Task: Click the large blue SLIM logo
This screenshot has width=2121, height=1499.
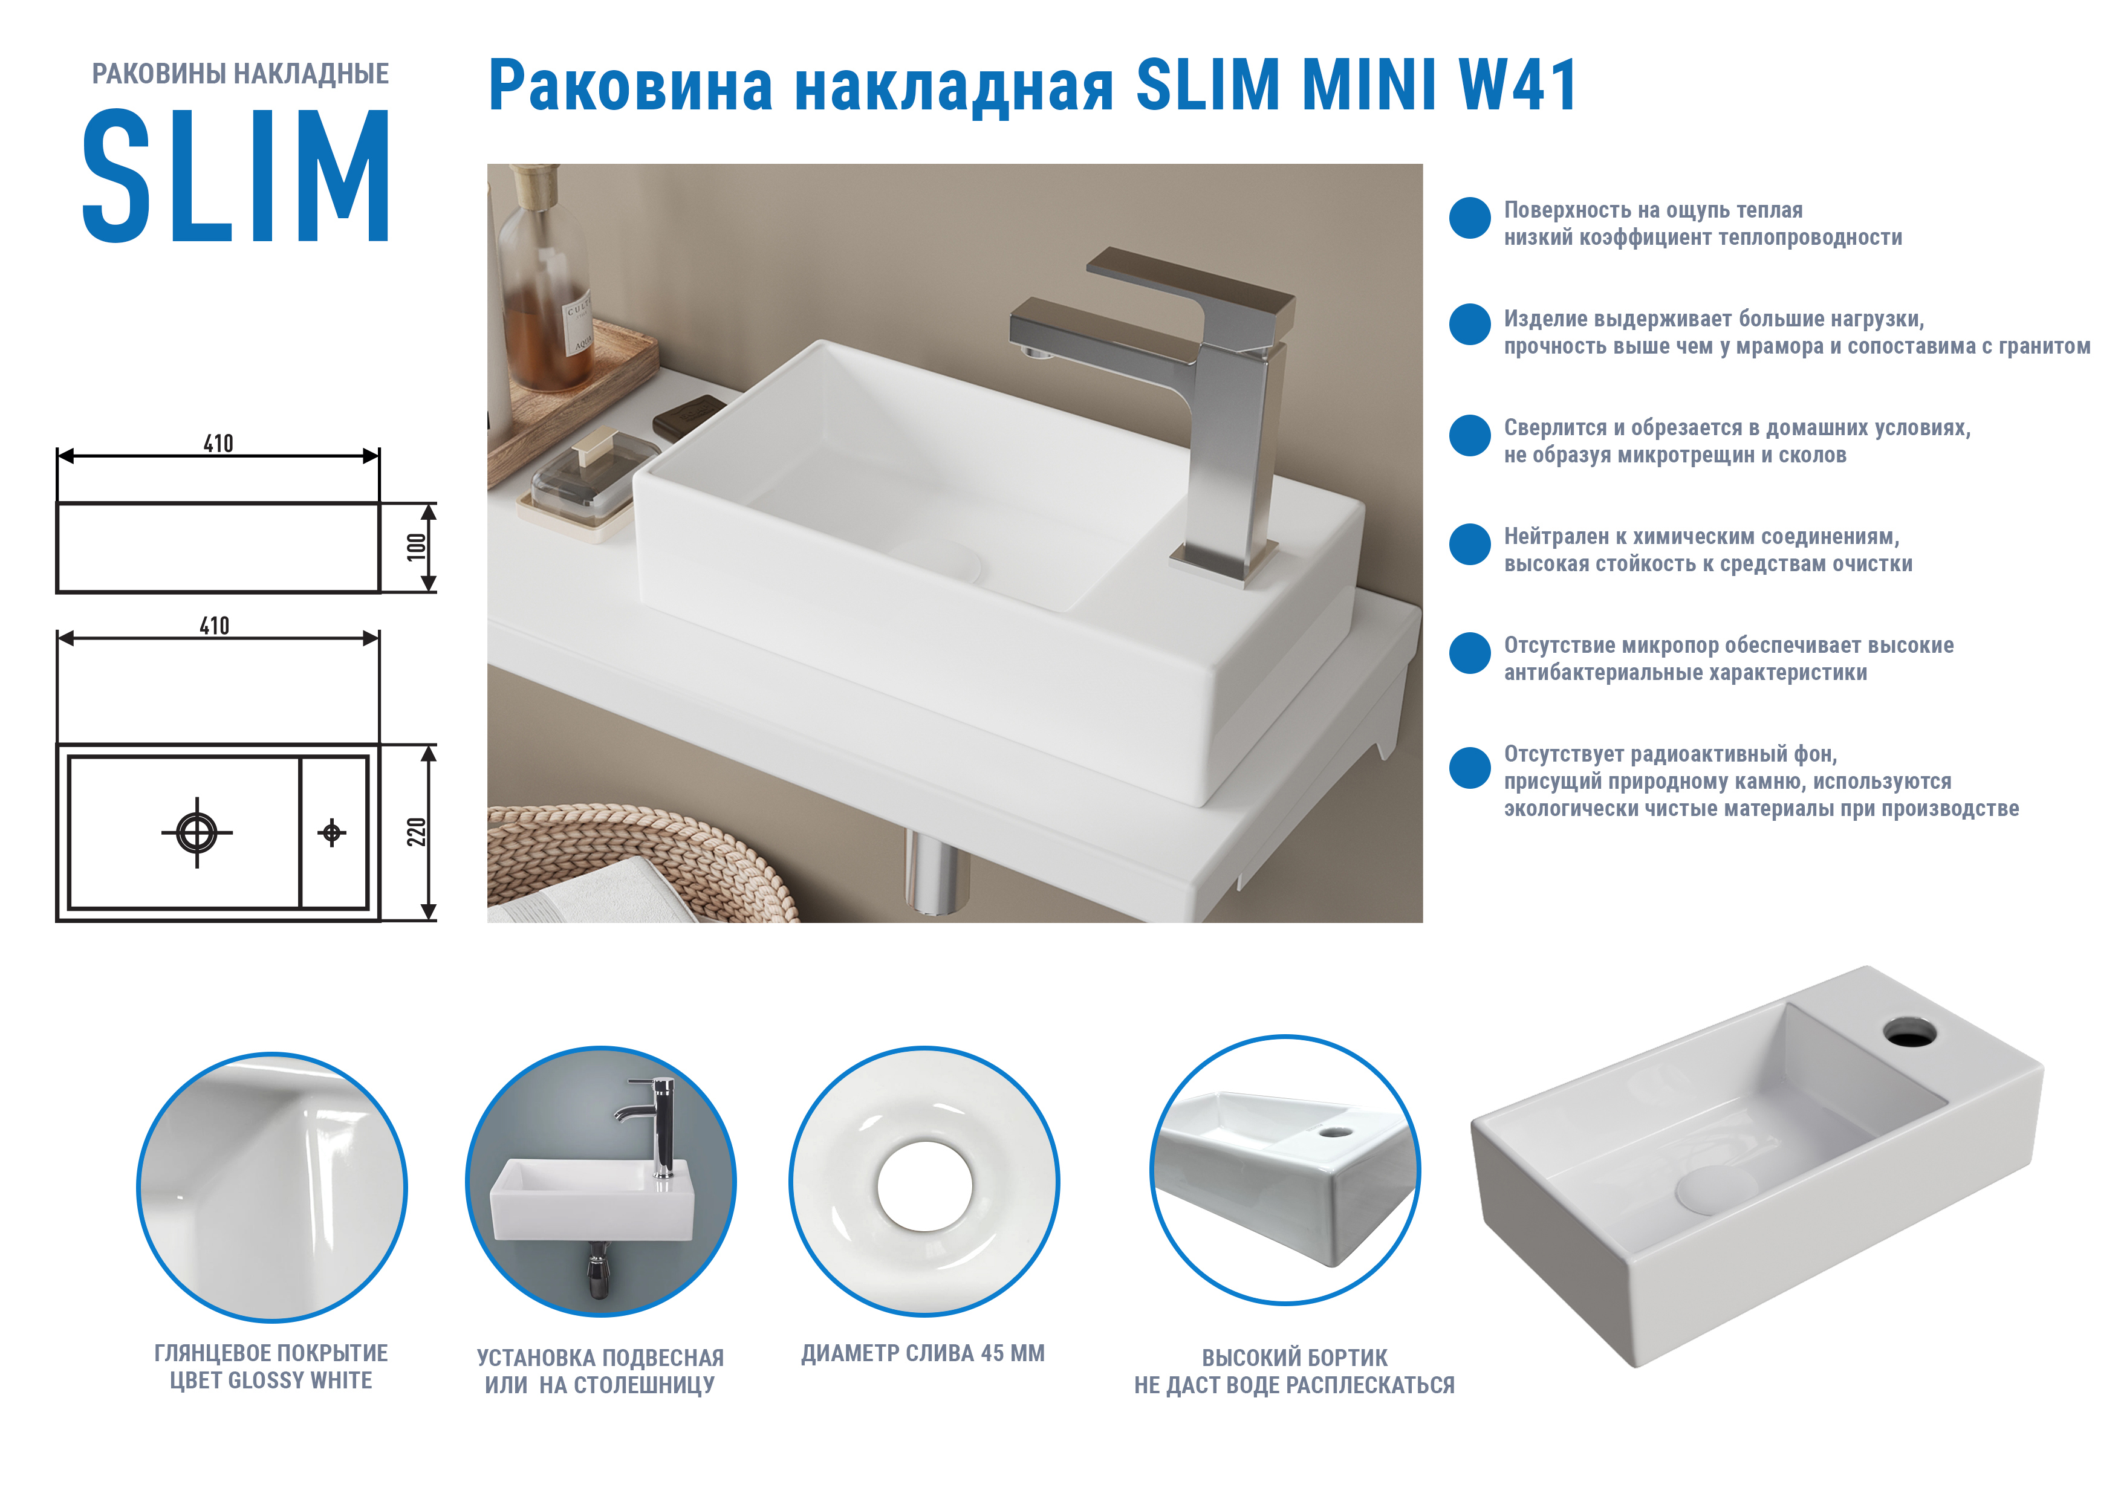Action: [236, 175]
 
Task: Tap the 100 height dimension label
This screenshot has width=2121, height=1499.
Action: [417, 547]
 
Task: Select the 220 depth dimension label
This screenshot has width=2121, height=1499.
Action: [417, 831]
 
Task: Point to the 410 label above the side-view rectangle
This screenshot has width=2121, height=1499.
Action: [219, 443]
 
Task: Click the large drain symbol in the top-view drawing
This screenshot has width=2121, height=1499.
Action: [197, 832]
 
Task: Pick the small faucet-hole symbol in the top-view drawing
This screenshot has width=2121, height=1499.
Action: [333, 832]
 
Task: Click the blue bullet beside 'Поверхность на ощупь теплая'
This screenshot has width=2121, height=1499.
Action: [1470, 218]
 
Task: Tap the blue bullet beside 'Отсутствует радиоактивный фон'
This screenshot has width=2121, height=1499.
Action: [1470, 768]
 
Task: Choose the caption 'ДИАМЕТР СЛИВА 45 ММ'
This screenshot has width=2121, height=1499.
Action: [923, 1353]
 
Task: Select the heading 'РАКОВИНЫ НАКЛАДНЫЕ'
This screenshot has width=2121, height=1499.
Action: [240, 74]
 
